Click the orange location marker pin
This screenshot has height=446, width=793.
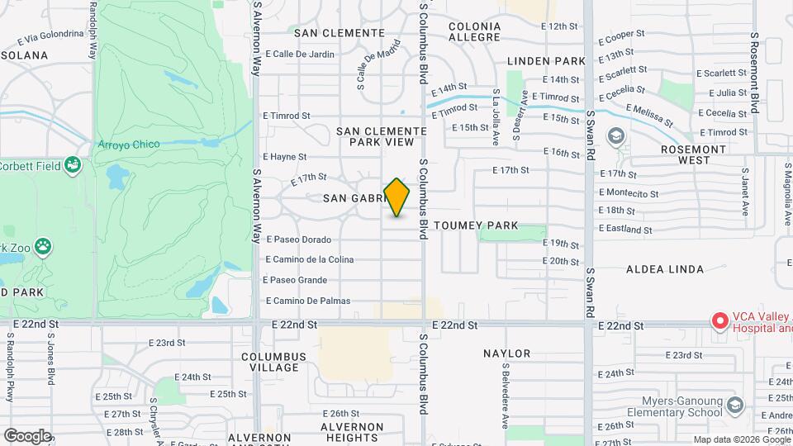pos(396,197)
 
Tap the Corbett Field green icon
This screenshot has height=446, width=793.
pos(73,165)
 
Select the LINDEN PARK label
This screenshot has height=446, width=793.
pos(546,61)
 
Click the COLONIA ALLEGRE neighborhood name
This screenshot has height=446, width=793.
pos(474,31)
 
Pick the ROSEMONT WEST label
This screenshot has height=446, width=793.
pos(693,154)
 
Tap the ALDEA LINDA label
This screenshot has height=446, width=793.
pos(665,269)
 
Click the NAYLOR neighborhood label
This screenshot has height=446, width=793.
pos(507,353)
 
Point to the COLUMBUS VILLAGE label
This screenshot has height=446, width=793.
pos(273,362)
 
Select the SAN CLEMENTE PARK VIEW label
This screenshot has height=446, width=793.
pos(382,136)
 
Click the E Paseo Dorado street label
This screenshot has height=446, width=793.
pos(299,240)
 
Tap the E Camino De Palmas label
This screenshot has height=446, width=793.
pos(308,301)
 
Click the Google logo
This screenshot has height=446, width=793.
pos(27,435)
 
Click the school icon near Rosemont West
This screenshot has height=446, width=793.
pos(615,135)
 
